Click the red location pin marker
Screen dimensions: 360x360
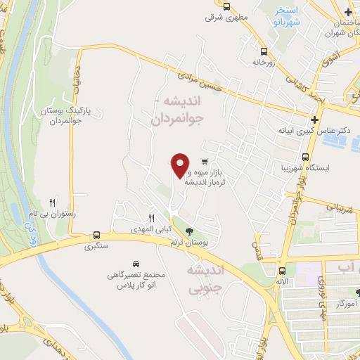[x=181, y=165]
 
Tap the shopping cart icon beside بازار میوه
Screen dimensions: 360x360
[x=204, y=160]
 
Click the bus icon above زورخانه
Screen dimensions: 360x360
[x=264, y=51]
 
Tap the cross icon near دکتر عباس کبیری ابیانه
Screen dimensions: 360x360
[x=314, y=117]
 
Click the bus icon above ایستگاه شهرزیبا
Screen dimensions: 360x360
[x=306, y=157]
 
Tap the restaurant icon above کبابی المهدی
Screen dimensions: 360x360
[x=150, y=218]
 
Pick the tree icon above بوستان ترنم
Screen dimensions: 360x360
[x=189, y=230]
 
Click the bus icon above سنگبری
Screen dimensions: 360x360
[x=96, y=236]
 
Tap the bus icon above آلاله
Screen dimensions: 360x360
[x=283, y=271]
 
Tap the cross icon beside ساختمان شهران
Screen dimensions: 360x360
[x=348, y=12]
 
